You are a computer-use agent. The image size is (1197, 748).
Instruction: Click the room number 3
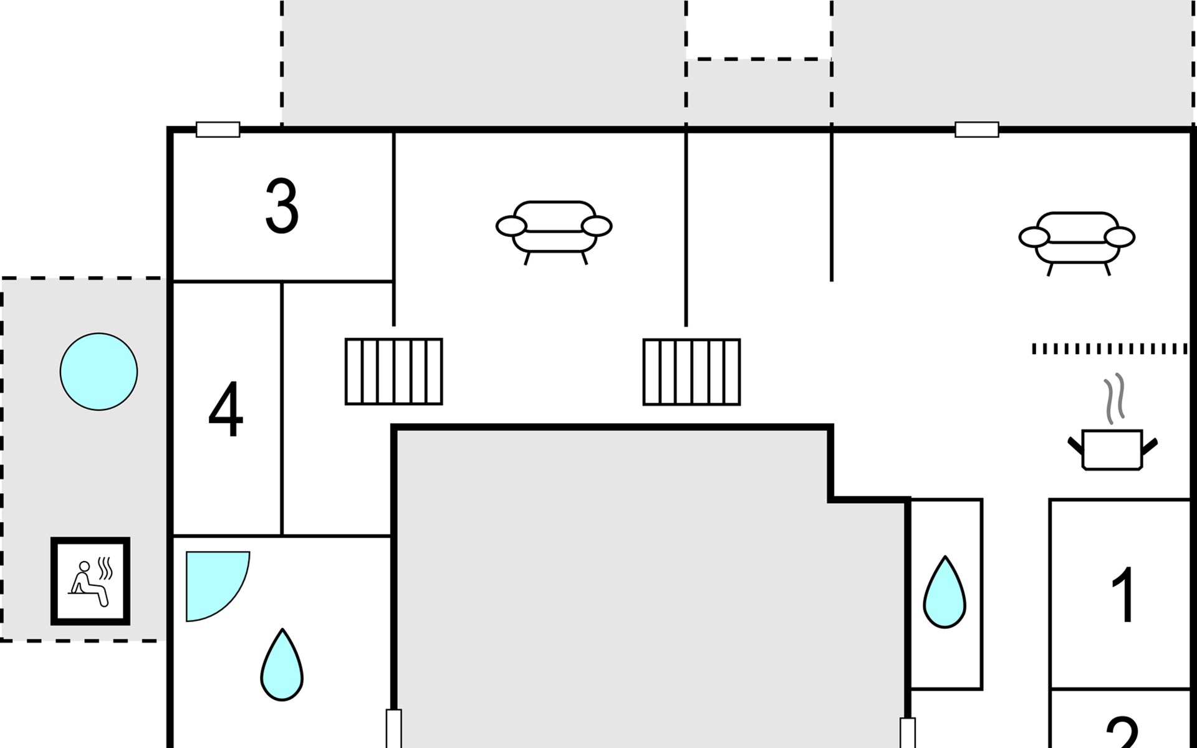pyautogui.click(x=282, y=206)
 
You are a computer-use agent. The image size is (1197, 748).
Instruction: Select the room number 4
pyautogui.click(x=226, y=410)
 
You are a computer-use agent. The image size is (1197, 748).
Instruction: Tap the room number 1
pyautogui.click(x=1124, y=595)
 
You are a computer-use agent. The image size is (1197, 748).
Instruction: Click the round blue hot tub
pyautogui.click(x=99, y=372)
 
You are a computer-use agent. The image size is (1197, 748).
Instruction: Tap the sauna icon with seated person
pyautogui.click(x=90, y=581)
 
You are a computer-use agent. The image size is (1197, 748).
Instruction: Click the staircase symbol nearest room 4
pyautogui.click(x=394, y=372)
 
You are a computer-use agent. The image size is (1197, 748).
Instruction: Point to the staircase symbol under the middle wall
pyautogui.click(x=691, y=372)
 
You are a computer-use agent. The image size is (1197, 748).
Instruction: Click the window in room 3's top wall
pyautogui.click(x=218, y=130)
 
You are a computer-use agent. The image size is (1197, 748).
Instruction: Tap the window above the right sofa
pyautogui.click(x=977, y=130)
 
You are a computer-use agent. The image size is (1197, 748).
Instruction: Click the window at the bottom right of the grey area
pyautogui.click(x=908, y=733)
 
